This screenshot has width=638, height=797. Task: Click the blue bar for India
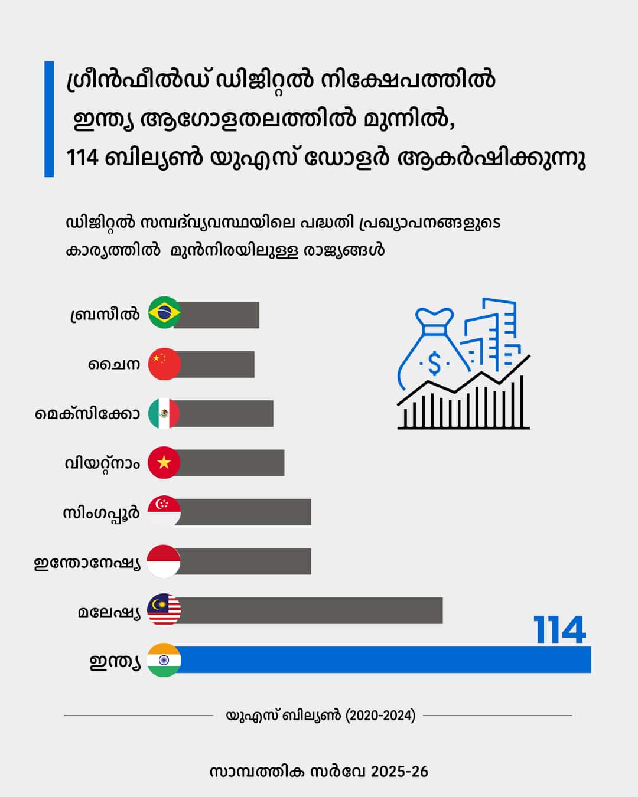click(384, 659)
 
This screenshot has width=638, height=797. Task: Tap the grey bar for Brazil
click(219, 315)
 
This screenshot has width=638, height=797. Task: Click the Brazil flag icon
click(164, 313)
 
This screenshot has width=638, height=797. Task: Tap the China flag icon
click(164, 364)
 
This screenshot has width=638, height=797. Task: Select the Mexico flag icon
click(164, 413)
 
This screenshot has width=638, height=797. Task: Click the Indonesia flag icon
click(163, 561)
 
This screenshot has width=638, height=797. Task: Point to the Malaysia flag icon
click(164, 610)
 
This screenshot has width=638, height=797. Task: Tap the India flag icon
click(164, 659)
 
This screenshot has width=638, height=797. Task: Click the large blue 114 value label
click(559, 630)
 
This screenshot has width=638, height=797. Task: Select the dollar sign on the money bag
click(434, 364)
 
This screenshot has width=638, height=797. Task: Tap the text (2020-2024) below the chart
click(380, 716)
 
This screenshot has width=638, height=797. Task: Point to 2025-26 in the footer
click(400, 772)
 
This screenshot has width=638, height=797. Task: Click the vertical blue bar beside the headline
click(49, 119)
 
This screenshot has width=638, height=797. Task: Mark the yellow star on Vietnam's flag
click(164, 462)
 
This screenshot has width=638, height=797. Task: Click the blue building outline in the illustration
click(496, 331)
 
